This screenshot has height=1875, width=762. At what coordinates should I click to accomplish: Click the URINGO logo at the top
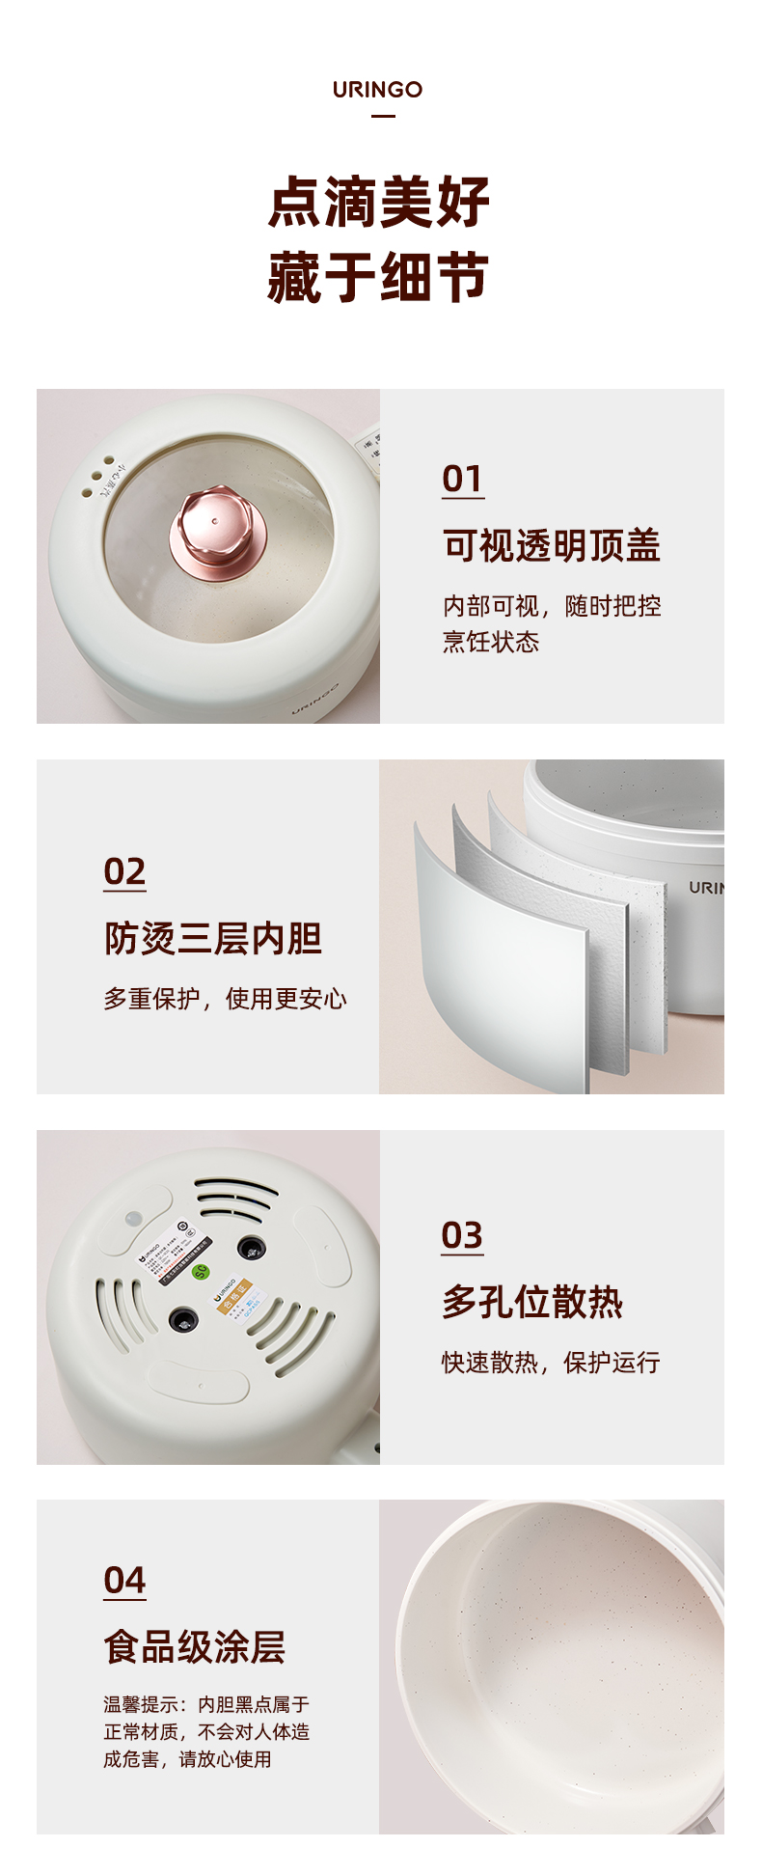pos(377,90)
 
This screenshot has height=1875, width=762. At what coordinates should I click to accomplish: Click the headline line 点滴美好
pos(379,203)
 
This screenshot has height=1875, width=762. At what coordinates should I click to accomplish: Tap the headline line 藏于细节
pos(379,278)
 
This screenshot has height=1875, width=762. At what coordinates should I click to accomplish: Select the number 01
pos(462,479)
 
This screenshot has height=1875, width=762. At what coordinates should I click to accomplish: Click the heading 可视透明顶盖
pos(552,546)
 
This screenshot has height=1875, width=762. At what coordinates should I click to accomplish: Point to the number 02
pos(124,871)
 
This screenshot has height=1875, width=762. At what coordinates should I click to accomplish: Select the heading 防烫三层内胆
pos(213,938)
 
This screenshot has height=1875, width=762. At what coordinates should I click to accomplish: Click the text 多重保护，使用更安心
pos(225,999)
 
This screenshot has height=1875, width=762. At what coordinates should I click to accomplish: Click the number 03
pos(462,1235)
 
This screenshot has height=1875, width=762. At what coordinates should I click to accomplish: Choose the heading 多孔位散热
pos(532,1302)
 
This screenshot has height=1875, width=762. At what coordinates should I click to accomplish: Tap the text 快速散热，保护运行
pos(551,1363)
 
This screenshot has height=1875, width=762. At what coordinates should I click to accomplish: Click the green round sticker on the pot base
pos(201,1271)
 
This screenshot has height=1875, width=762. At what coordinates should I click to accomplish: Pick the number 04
pos(124,1581)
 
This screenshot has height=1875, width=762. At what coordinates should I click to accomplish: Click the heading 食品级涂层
pos(195,1647)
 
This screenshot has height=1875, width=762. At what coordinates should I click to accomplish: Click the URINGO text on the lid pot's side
pos(315,701)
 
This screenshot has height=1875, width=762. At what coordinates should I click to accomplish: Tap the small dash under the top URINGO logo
pos(383,116)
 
